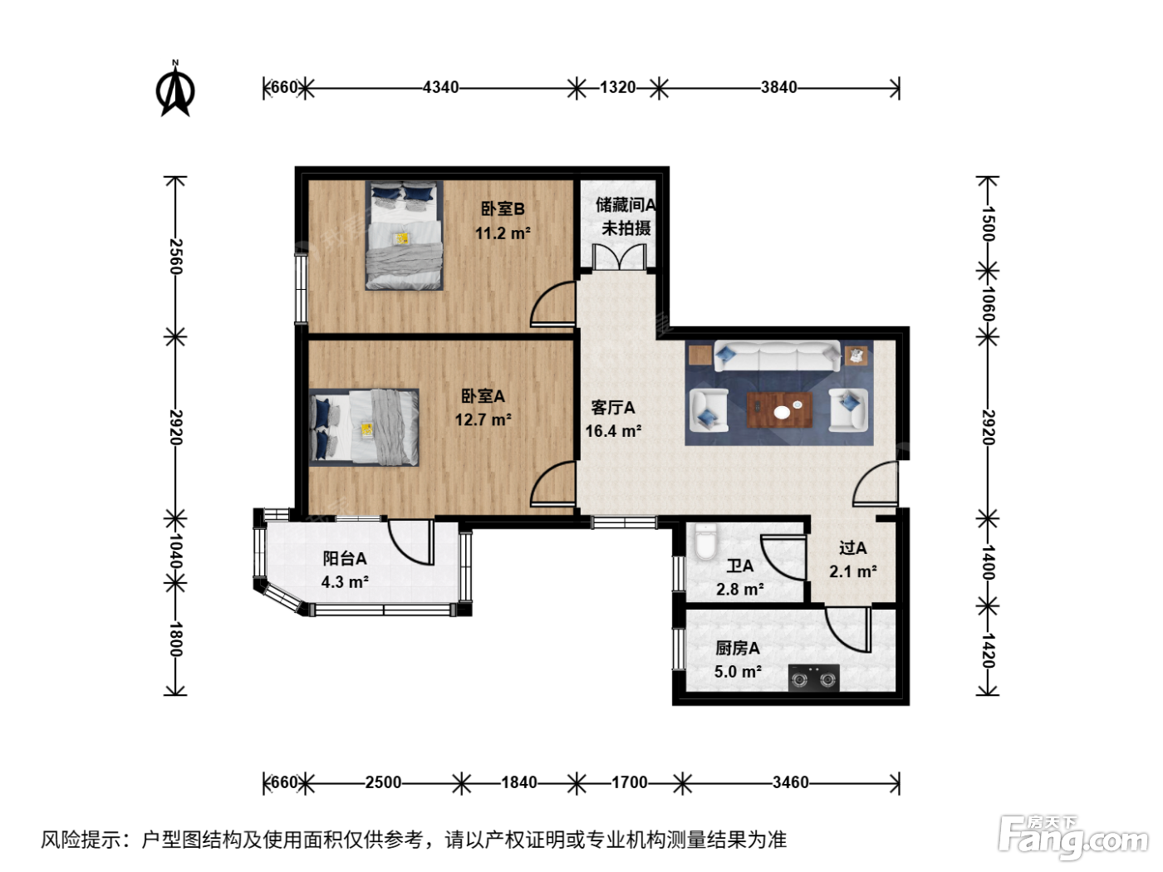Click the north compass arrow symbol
(175, 89)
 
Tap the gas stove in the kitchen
(813, 678)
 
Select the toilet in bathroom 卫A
(705, 541)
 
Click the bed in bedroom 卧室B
(404, 236)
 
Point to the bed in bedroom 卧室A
(364, 428)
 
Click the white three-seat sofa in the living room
(778, 355)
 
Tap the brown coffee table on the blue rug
(779, 409)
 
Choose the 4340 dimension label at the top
(440, 87)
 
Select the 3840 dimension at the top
(779, 87)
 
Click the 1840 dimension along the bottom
(519, 782)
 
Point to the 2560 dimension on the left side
(176, 257)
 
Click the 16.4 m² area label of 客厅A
(613, 431)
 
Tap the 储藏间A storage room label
(626, 205)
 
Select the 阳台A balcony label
(345, 558)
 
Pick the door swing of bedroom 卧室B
(553, 303)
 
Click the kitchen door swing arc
(848, 630)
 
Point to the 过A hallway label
(852, 548)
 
